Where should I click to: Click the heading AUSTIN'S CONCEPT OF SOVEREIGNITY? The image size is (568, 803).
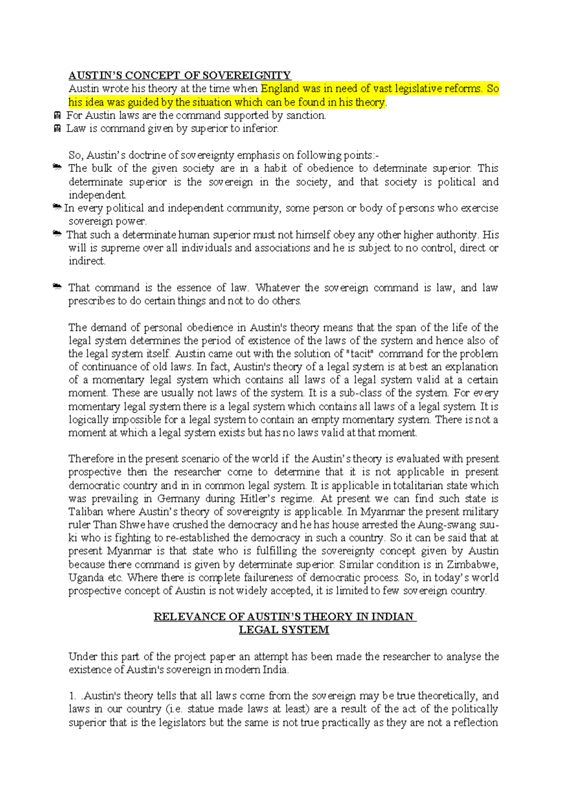tap(179, 75)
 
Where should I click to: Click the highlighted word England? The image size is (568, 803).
tap(280, 89)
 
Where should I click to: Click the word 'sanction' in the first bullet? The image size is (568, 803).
tap(306, 115)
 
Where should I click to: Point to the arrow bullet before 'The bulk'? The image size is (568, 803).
tap(57, 168)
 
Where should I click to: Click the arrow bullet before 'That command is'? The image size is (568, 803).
tap(57, 287)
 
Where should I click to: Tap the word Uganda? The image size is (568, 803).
tap(86, 578)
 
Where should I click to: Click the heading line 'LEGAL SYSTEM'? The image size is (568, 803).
tap(284, 630)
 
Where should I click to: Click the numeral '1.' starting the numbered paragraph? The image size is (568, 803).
tap(72, 696)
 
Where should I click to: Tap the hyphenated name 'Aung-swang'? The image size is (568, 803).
tap(444, 525)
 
